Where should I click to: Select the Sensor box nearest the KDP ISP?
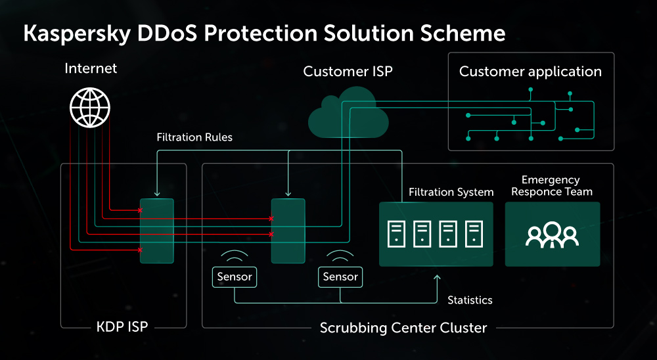235,277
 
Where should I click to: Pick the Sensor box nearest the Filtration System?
340,277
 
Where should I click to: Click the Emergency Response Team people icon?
552,235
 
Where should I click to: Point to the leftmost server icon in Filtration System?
396,234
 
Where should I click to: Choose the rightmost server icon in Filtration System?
474,234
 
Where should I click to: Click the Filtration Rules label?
194,138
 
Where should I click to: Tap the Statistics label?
470,300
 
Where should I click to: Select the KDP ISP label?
122,327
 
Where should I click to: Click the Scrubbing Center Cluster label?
403,327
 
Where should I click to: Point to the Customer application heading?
530,72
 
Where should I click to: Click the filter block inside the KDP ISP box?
156,231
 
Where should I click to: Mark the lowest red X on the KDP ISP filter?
140,250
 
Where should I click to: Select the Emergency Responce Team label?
551,186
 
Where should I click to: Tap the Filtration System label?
451,192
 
